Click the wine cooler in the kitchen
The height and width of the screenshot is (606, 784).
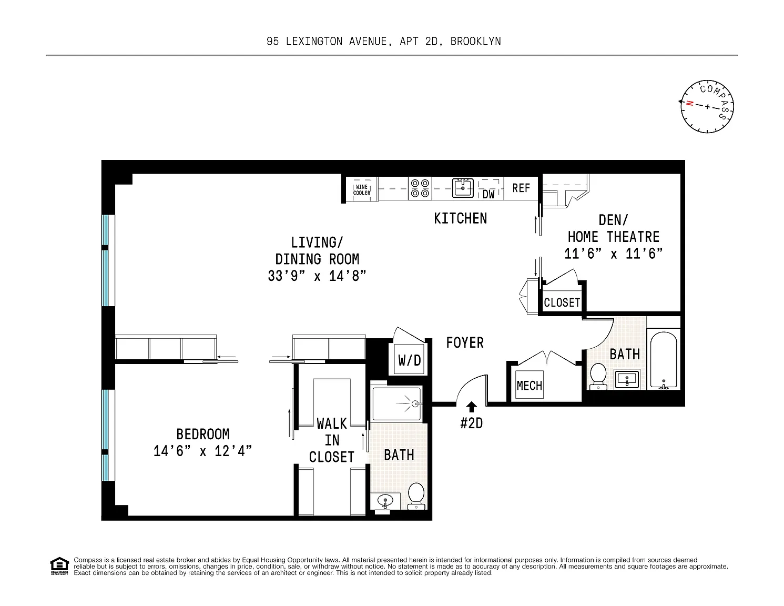coord(362,189)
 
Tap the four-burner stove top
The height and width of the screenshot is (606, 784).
coord(420,188)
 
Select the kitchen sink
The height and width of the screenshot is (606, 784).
coord(463,188)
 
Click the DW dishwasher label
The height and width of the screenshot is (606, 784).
coord(488,195)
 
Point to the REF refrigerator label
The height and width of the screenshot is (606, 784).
coord(521,188)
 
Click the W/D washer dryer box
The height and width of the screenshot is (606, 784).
coord(410,360)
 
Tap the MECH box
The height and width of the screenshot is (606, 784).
coord(530,385)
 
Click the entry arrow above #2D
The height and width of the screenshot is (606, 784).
coord(471,407)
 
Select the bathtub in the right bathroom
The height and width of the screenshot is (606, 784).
coord(664,359)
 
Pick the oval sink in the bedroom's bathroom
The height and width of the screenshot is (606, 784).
coord(385,501)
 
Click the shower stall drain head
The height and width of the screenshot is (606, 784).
coord(416,404)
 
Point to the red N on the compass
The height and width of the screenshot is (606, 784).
coord(689,103)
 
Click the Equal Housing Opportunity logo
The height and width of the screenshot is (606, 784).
coord(59,566)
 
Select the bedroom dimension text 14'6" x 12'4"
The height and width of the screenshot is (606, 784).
coord(203,451)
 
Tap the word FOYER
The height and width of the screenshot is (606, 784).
coord(465,343)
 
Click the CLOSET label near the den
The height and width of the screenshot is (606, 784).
coord(562,302)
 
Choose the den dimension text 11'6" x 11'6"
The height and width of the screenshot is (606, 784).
coord(614,254)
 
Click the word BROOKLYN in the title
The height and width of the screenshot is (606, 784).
coord(475,42)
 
